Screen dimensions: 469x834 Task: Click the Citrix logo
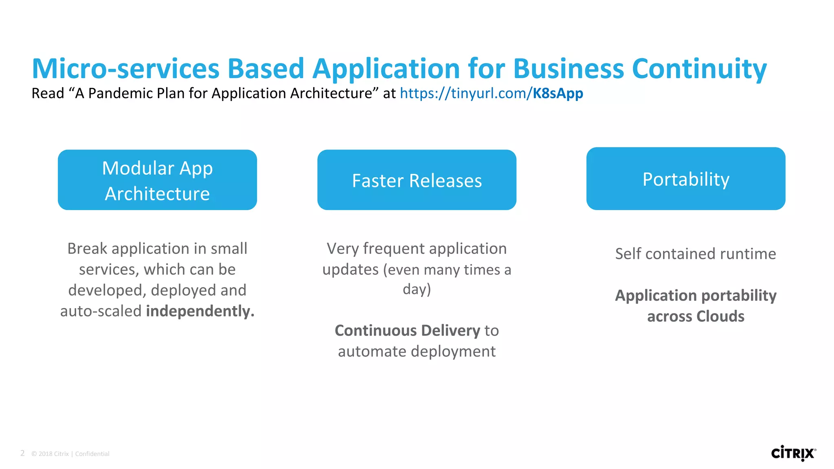pyautogui.click(x=793, y=453)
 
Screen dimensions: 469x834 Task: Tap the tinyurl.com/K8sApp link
pyautogui.click(x=491, y=93)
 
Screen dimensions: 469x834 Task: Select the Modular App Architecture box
pyautogui.click(x=157, y=180)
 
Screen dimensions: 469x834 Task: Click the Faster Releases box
pyautogui.click(x=417, y=180)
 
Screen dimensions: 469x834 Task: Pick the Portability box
pyautogui.click(x=686, y=179)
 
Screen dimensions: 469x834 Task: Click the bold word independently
pyautogui.click(x=200, y=311)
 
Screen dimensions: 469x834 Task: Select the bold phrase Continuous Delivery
pyautogui.click(x=407, y=331)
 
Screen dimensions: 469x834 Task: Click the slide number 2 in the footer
pyautogui.click(x=22, y=453)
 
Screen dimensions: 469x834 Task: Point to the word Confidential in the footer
pyautogui.click(x=92, y=454)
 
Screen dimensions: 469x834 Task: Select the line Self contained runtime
pyautogui.click(x=696, y=254)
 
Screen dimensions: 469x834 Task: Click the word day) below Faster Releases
pyautogui.click(x=417, y=289)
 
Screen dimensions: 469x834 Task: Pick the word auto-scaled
pyautogui.click(x=101, y=311)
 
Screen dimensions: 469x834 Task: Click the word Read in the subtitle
pyautogui.click(x=48, y=93)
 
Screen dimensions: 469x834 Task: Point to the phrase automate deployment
pyautogui.click(x=417, y=351)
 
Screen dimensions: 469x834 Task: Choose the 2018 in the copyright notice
pyautogui.click(x=45, y=454)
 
